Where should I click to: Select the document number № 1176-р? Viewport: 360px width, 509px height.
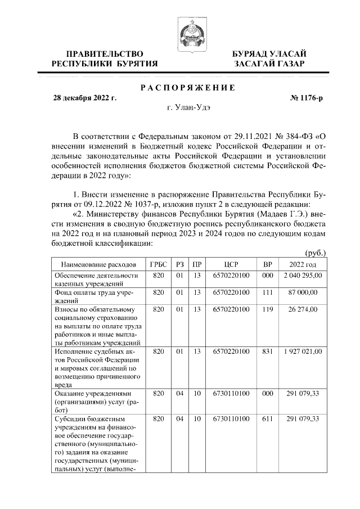coord(307,98)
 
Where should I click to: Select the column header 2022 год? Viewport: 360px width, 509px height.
coord(303,264)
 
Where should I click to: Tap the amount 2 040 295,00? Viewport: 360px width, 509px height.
coord(303,276)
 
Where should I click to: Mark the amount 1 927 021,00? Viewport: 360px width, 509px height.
coord(303,351)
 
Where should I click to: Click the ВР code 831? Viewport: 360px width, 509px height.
coord(268,351)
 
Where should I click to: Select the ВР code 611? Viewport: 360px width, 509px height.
coord(268,419)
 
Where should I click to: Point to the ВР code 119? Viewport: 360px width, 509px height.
coord(268,309)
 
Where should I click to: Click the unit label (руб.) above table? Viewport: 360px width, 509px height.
coord(315,253)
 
